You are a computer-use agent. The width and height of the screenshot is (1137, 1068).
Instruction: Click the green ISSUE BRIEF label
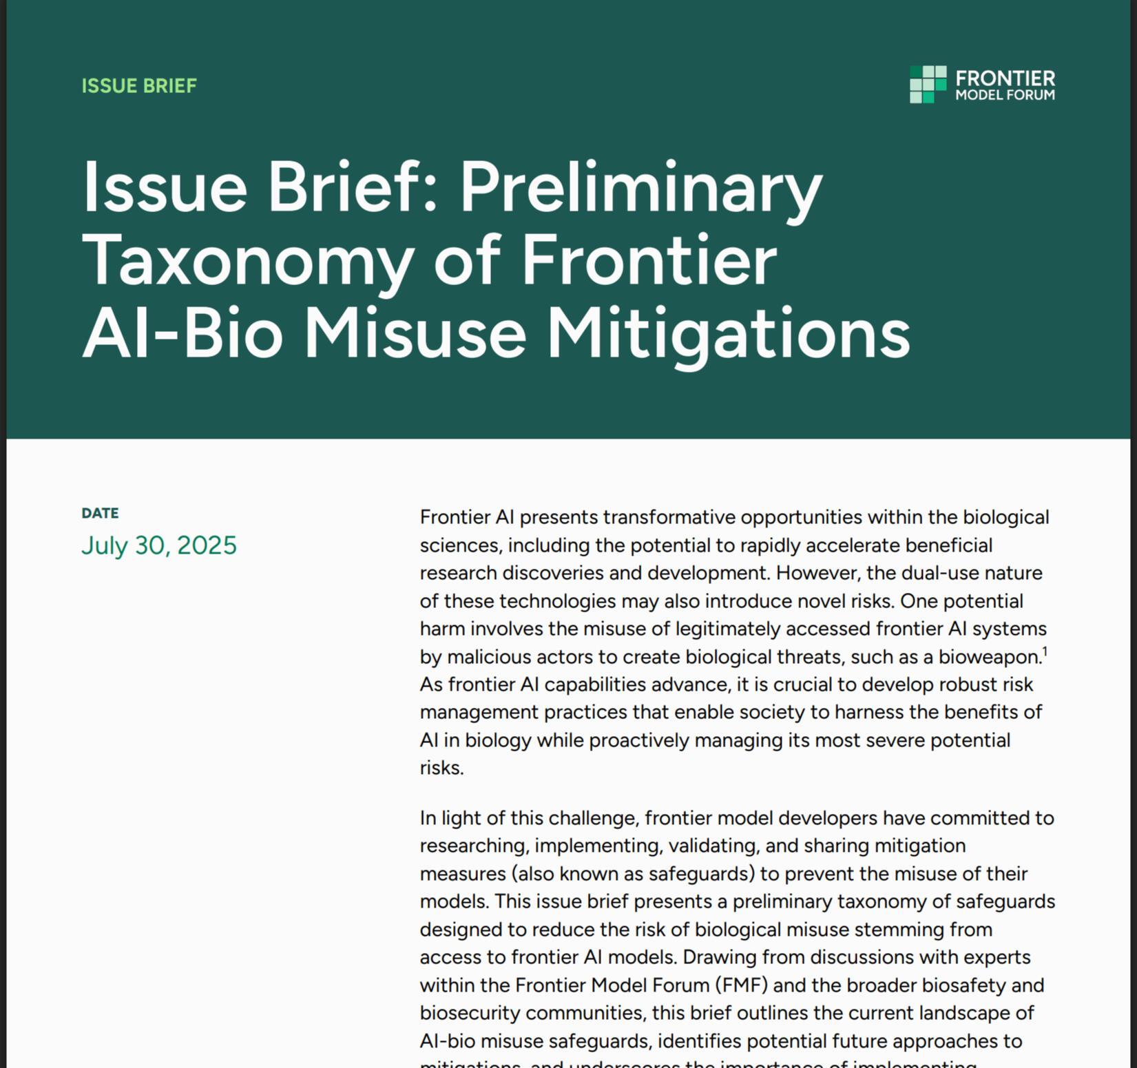[139, 85]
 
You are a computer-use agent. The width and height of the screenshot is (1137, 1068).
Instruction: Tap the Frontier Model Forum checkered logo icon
[928, 85]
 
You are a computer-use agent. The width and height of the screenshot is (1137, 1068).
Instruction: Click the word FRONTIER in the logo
[1005, 78]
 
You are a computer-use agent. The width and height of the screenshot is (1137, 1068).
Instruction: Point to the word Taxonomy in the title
[248, 262]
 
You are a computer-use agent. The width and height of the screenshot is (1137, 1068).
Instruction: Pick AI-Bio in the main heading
[182, 335]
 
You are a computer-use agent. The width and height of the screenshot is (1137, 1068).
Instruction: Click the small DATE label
[100, 513]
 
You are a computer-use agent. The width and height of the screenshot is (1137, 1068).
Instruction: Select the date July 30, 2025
[159, 545]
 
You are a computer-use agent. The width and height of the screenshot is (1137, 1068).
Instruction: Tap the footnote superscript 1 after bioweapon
[1045, 651]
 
